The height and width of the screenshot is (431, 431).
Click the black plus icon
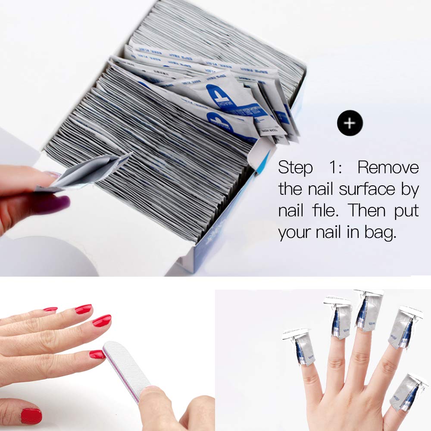(x=350, y=123)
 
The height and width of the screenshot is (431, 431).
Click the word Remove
(x=388, y=167)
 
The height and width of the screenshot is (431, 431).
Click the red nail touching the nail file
(x=97, y=354)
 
